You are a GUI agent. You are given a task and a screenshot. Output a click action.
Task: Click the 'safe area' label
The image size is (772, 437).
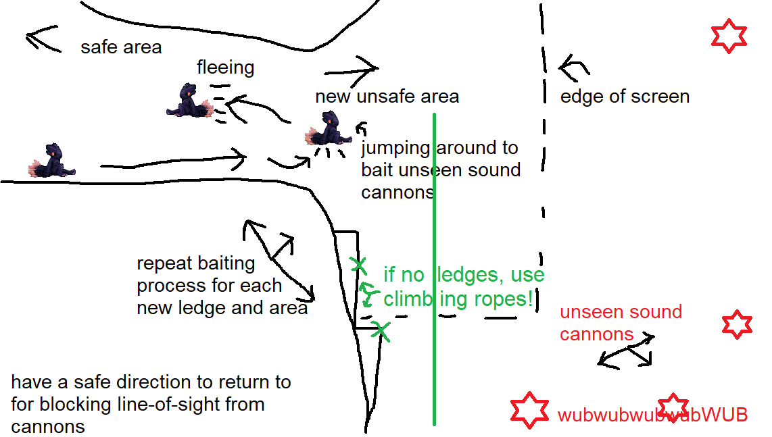tap(121, 47)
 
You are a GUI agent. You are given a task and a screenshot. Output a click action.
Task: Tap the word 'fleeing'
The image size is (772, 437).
tap(226, 68)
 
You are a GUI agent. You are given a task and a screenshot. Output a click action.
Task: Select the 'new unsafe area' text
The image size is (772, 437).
tap(387, 97)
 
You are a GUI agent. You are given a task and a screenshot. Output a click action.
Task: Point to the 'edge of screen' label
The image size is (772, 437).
tap(625, 97)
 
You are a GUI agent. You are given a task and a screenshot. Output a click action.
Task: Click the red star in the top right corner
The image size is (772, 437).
tap(729, 36)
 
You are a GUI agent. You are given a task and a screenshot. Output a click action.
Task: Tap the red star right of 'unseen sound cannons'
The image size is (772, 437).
tap(737, 324)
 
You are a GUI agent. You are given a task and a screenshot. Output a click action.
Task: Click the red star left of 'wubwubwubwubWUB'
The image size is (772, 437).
tap(529, 410)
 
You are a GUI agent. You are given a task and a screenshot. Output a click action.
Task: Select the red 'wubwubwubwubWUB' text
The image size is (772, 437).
tap(652, 415)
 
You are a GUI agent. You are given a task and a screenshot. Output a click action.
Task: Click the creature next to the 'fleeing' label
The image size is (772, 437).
tap(189, 102)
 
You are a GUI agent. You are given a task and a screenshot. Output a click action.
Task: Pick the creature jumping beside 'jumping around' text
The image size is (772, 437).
tap(329, 128)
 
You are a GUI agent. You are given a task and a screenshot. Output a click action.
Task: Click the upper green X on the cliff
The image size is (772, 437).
tap(358, 265)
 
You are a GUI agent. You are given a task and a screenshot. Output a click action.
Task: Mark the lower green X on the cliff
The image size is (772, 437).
tap(381, 331)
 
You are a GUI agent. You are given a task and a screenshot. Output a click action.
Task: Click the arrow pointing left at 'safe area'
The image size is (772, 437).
tap(42, 39)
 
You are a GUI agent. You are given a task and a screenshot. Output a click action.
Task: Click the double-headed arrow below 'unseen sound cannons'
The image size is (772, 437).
tap(626, 351)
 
